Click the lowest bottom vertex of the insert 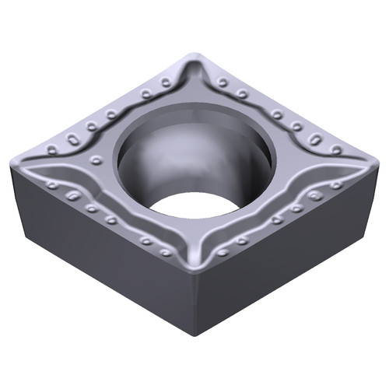(x=194, y=335)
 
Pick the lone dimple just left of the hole (x=96, y=159)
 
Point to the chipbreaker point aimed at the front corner (x=194, y=261)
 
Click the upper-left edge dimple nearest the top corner (x=166, y=82)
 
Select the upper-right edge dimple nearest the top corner (x=223, y=82)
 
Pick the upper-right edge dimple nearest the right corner (x=336, y=149)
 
